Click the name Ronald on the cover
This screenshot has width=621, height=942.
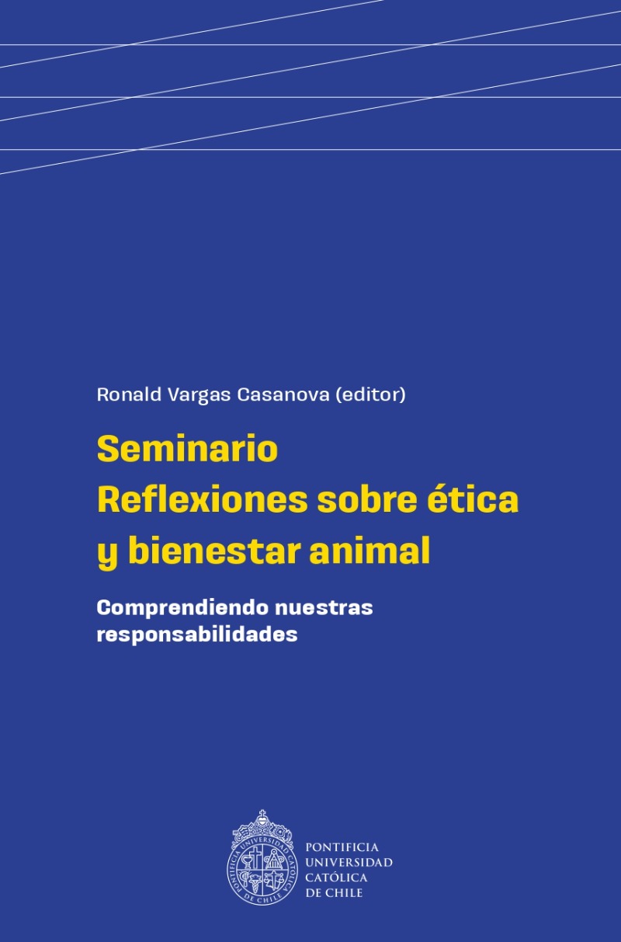pos(129,394)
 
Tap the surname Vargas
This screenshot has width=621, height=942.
pos(199,395)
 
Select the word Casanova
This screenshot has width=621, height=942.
pos(283,395)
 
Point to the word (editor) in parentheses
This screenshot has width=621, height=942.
pos(370,395)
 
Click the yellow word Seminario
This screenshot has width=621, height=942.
pos(188,449)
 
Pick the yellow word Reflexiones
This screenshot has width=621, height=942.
pos(203,499)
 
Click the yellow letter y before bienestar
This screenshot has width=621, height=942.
pos(107,555)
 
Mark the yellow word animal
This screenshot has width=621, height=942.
pos(370,551)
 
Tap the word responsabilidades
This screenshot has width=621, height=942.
pos(197,634)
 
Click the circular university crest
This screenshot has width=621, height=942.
pos(262,858)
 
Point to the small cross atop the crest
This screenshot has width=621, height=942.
pos(262,815)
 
